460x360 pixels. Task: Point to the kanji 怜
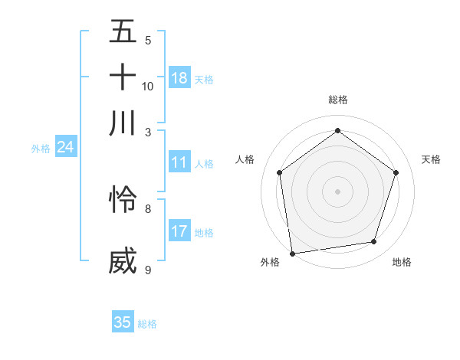coord(123,199)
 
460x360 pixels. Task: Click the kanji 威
coord(123,260)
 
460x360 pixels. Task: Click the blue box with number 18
coord(179,78)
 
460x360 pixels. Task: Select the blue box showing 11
coord(179,162)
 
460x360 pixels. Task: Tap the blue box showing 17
coord(179,231)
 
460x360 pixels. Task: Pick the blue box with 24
coord(65,148)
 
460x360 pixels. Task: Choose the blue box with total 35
coord(123,322)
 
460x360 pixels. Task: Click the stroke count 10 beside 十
coord(148,86)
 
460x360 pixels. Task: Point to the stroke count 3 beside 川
coord(148,133)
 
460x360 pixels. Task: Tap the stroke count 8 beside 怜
coord(148,208)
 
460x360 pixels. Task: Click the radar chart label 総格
coord(338,100)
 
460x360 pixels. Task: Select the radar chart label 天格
coord(431,159)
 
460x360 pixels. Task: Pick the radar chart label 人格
coord(245,159)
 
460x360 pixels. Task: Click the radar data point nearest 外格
coord(292,252)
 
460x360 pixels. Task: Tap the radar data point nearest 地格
coord(374,242)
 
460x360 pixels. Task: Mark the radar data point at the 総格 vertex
coord(338,131)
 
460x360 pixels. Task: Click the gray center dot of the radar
coord(338,191)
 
